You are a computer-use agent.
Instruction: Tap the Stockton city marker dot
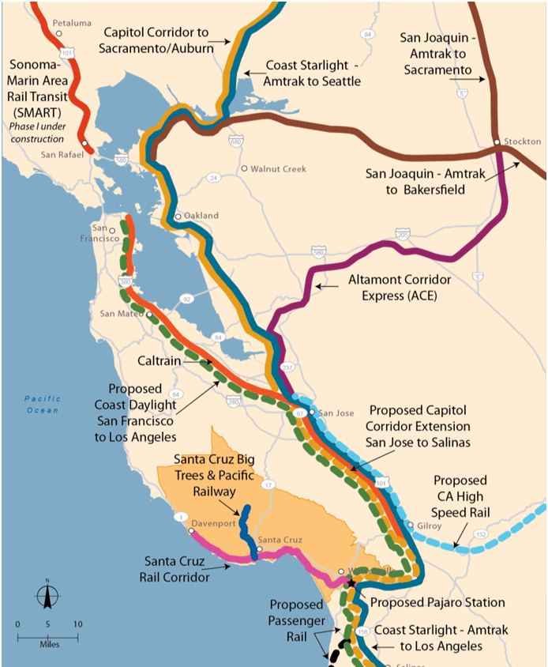(496, 142)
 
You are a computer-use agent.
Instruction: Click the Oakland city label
(201, 215)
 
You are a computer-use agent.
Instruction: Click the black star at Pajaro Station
(351, 583)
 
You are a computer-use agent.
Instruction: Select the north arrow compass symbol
(47, 594)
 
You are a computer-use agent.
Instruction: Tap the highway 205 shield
(403, 234)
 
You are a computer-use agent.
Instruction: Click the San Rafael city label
(63, 154)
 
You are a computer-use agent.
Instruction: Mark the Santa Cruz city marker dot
(260, 549)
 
